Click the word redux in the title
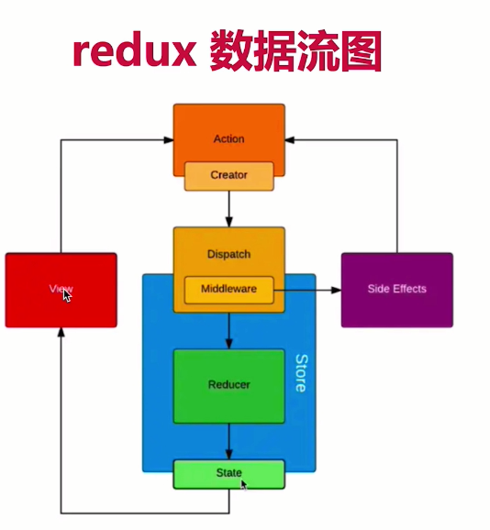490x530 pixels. (134, 50)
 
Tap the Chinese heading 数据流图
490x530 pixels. (295, 50)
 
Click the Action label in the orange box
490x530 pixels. (228, 138)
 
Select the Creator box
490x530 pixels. (228, 176)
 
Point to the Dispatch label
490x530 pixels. (228, 254)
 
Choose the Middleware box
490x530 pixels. (228, 290)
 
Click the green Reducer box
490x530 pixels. (228, 386)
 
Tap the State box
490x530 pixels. (228, 474)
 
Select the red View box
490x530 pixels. (61, 290)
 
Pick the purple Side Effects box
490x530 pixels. (397, 290)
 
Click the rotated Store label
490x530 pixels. (301, 373)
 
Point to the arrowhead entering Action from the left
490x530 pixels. (169, 139)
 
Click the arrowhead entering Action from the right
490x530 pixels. (290, 139)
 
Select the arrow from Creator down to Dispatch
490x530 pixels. (228, 209)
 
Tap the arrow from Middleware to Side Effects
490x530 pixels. (307, 290)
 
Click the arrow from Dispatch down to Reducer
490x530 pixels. (228, 331)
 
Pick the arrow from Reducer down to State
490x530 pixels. (228, 441)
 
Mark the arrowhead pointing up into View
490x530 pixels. (61, 332)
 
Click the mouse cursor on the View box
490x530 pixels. (67, 296)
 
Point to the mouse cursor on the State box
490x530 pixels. (244, 485)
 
